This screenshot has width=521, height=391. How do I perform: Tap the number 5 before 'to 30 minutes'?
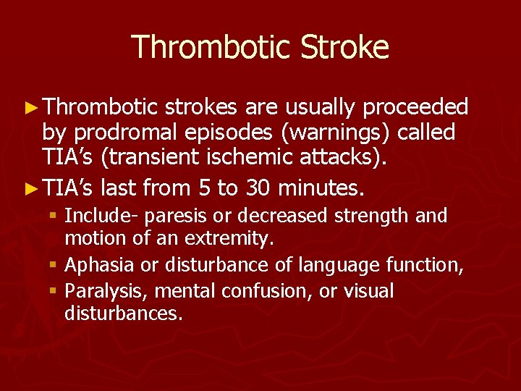204,190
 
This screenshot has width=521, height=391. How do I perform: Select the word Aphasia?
100,266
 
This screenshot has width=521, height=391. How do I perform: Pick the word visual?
369,292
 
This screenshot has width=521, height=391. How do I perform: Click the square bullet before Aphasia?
55,266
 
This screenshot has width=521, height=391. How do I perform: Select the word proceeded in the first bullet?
415,108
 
